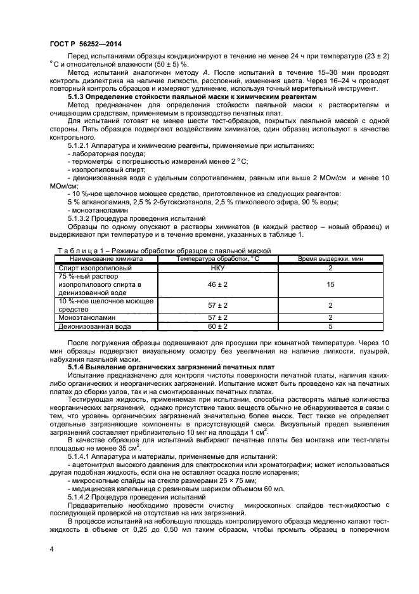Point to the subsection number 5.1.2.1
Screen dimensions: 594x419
pos(81,145)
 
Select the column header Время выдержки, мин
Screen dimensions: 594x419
pos(330,259)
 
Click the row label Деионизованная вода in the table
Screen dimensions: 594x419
pos(94,326)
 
